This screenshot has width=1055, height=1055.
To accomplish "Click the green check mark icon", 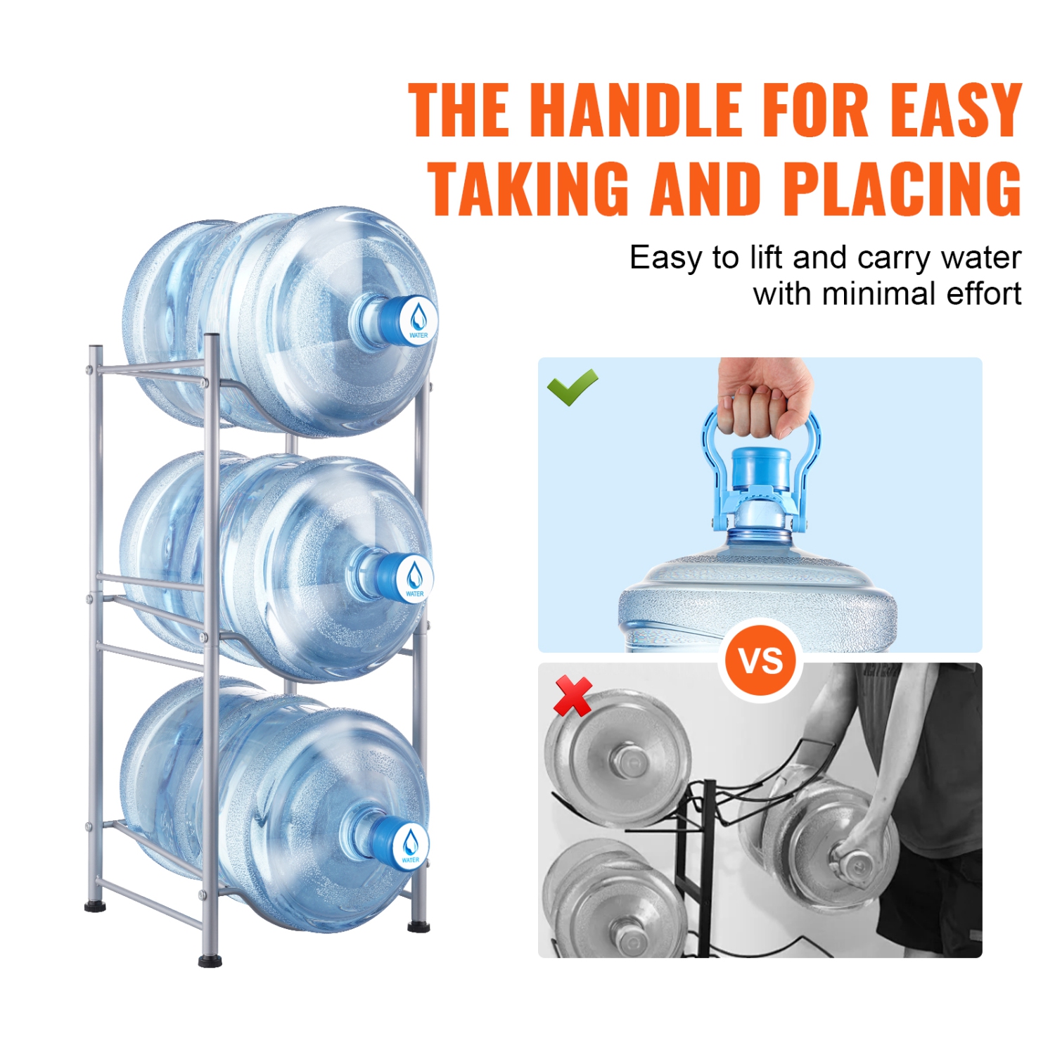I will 572,387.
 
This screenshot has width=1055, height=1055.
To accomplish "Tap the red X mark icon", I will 573,696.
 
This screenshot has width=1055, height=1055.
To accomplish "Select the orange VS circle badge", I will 761,660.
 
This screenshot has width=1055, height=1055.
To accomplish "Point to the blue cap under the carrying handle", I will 761,468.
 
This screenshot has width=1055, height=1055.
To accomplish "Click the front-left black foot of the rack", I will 210,961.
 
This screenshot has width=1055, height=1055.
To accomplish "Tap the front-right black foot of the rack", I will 418,926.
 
